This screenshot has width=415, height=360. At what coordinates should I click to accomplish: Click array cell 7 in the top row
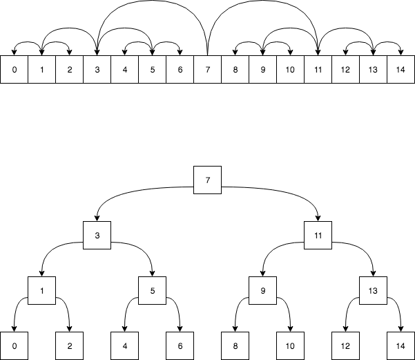point(207,69)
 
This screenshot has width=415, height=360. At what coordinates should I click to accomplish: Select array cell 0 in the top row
point(14,69)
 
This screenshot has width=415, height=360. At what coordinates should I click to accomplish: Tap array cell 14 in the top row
point(400,69)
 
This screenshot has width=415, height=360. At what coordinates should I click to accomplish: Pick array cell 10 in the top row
point(290,69)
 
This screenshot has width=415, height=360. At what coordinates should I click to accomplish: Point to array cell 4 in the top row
point(124,69)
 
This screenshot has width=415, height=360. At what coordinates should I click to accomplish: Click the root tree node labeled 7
point(207,180)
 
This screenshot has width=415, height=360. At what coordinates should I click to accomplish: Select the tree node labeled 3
point(97,235)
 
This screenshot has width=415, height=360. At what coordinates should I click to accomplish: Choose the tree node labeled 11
point(318,235)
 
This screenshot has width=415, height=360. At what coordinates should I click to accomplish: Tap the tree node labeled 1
point(41,290)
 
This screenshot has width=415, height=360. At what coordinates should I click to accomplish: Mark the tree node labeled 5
point(152,290)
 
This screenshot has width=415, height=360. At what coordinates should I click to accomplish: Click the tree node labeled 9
point(262,290)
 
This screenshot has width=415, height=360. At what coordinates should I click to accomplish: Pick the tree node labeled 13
point(373,290)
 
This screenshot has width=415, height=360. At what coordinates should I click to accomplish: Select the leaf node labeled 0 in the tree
point(14,345)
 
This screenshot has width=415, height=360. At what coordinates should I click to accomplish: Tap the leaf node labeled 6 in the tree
point(180,345)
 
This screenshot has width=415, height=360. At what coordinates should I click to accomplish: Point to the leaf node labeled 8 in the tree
point(235,345)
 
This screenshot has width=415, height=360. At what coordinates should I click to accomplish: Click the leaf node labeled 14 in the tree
point(400,345)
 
